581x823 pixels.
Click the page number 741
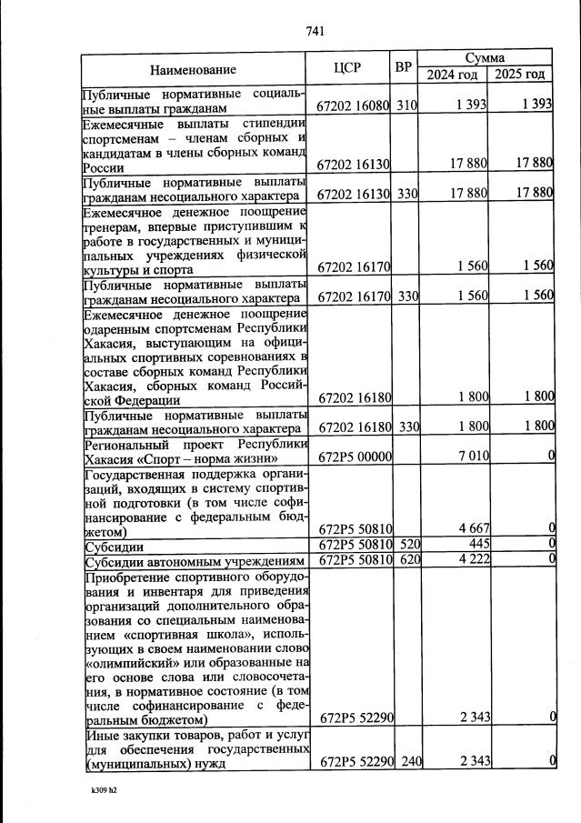(x=316, y=31)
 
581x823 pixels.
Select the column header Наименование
(x=193, y=69)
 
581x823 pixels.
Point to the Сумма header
(x=486, y=57)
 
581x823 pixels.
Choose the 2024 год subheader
(x=453, y=75)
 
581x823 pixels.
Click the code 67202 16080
(x=354, y=105)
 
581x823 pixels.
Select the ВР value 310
(x=406, y=105)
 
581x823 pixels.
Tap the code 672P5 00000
(x=356, y=455)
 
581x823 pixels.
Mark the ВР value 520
(x=406, y=545)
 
